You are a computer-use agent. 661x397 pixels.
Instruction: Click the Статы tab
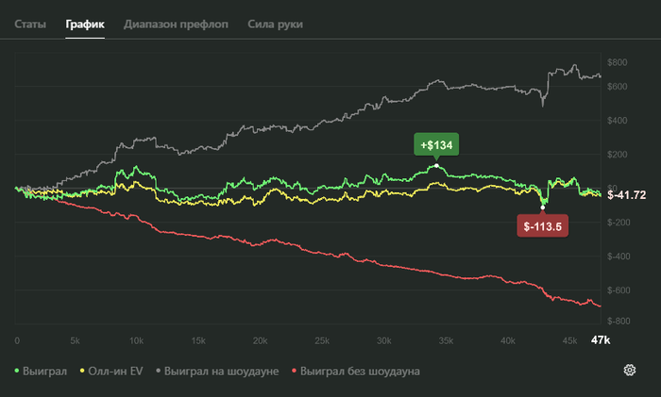click(x=30, y=24)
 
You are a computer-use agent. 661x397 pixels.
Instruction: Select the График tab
click(x=86, y=24)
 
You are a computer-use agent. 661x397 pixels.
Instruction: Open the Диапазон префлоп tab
click(x=176, y=24)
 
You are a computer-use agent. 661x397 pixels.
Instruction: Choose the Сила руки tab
click(x=275, y=24)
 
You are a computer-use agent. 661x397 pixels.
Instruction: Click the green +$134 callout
click(x=435, y=144)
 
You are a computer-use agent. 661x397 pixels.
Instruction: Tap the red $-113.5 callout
click(x=542, y=226)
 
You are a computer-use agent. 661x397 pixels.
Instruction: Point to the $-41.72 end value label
click(x=627, y=195)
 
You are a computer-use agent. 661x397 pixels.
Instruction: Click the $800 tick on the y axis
click(x=618, y=62)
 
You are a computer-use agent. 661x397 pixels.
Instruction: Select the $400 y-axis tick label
click(x=618, y=121)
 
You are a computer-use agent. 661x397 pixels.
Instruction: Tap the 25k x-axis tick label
click(x=321, y=339)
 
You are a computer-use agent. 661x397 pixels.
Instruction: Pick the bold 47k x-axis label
click(x=601, y=339)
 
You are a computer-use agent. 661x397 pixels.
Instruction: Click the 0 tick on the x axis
click(x=17, y=339)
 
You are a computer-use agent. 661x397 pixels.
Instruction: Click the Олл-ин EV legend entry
click(x=113, y=372)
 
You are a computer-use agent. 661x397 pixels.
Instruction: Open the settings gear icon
click(x=630, y=370)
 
